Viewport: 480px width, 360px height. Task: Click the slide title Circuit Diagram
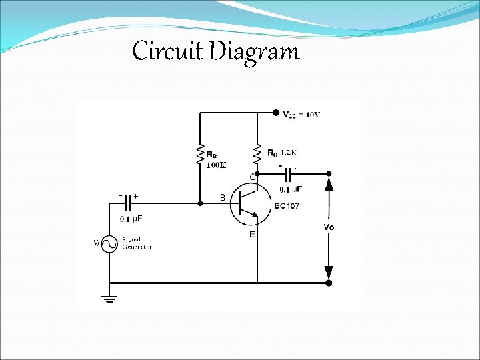(x=216, y=51)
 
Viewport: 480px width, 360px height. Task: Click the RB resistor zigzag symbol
(x=199, y=155)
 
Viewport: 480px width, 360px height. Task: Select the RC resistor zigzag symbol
(x=256, y=155)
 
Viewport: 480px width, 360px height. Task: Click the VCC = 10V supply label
(x=301, y=114)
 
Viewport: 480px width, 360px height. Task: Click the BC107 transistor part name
(x=287, y=205)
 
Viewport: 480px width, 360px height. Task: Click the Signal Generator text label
(x=137, y=243)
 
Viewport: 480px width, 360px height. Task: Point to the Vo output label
(x=329, y=227)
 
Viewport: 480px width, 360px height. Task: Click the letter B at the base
(x=222, y=197)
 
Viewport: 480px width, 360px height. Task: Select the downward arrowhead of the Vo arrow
(x=328, y=272)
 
